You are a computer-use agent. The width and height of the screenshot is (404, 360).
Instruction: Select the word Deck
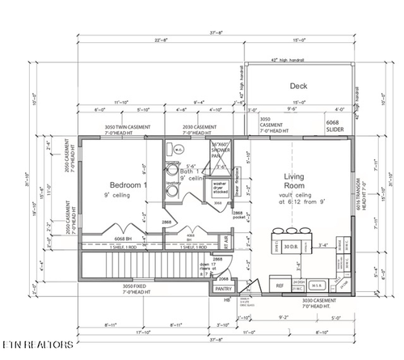click(300, 85)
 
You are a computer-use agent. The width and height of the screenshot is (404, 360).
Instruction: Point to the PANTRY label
click(225, 287)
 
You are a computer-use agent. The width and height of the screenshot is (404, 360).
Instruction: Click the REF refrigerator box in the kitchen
click(280, 285)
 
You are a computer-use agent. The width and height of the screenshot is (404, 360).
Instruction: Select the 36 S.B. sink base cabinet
click(319, 285)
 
